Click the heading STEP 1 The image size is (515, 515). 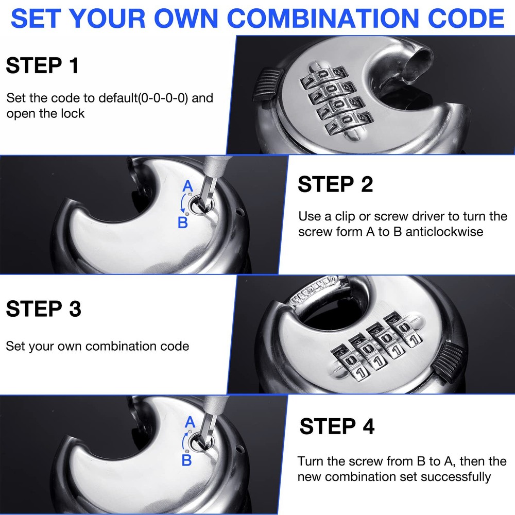42,66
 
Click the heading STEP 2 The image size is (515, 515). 335,184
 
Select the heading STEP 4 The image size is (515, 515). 337,426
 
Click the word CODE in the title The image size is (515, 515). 468,19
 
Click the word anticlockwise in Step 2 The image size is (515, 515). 444,232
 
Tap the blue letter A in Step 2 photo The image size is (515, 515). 188,186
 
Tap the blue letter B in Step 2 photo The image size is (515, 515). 182,222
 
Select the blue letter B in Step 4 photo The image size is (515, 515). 186,459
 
